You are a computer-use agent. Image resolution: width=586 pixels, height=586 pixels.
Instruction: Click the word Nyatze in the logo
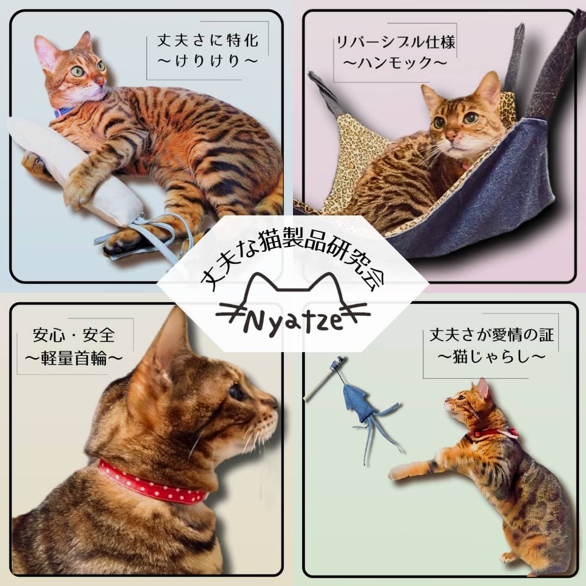[293, 321]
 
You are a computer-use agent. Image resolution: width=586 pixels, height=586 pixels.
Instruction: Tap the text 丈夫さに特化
[208, 40]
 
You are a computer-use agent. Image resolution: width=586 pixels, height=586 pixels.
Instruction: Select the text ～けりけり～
[208, 61]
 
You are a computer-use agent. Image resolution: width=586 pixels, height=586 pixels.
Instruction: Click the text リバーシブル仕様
[396, 42]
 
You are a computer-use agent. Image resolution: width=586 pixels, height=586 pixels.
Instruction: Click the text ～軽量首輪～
[74, 358]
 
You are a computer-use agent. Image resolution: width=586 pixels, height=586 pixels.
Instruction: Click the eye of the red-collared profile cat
[235, 392]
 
